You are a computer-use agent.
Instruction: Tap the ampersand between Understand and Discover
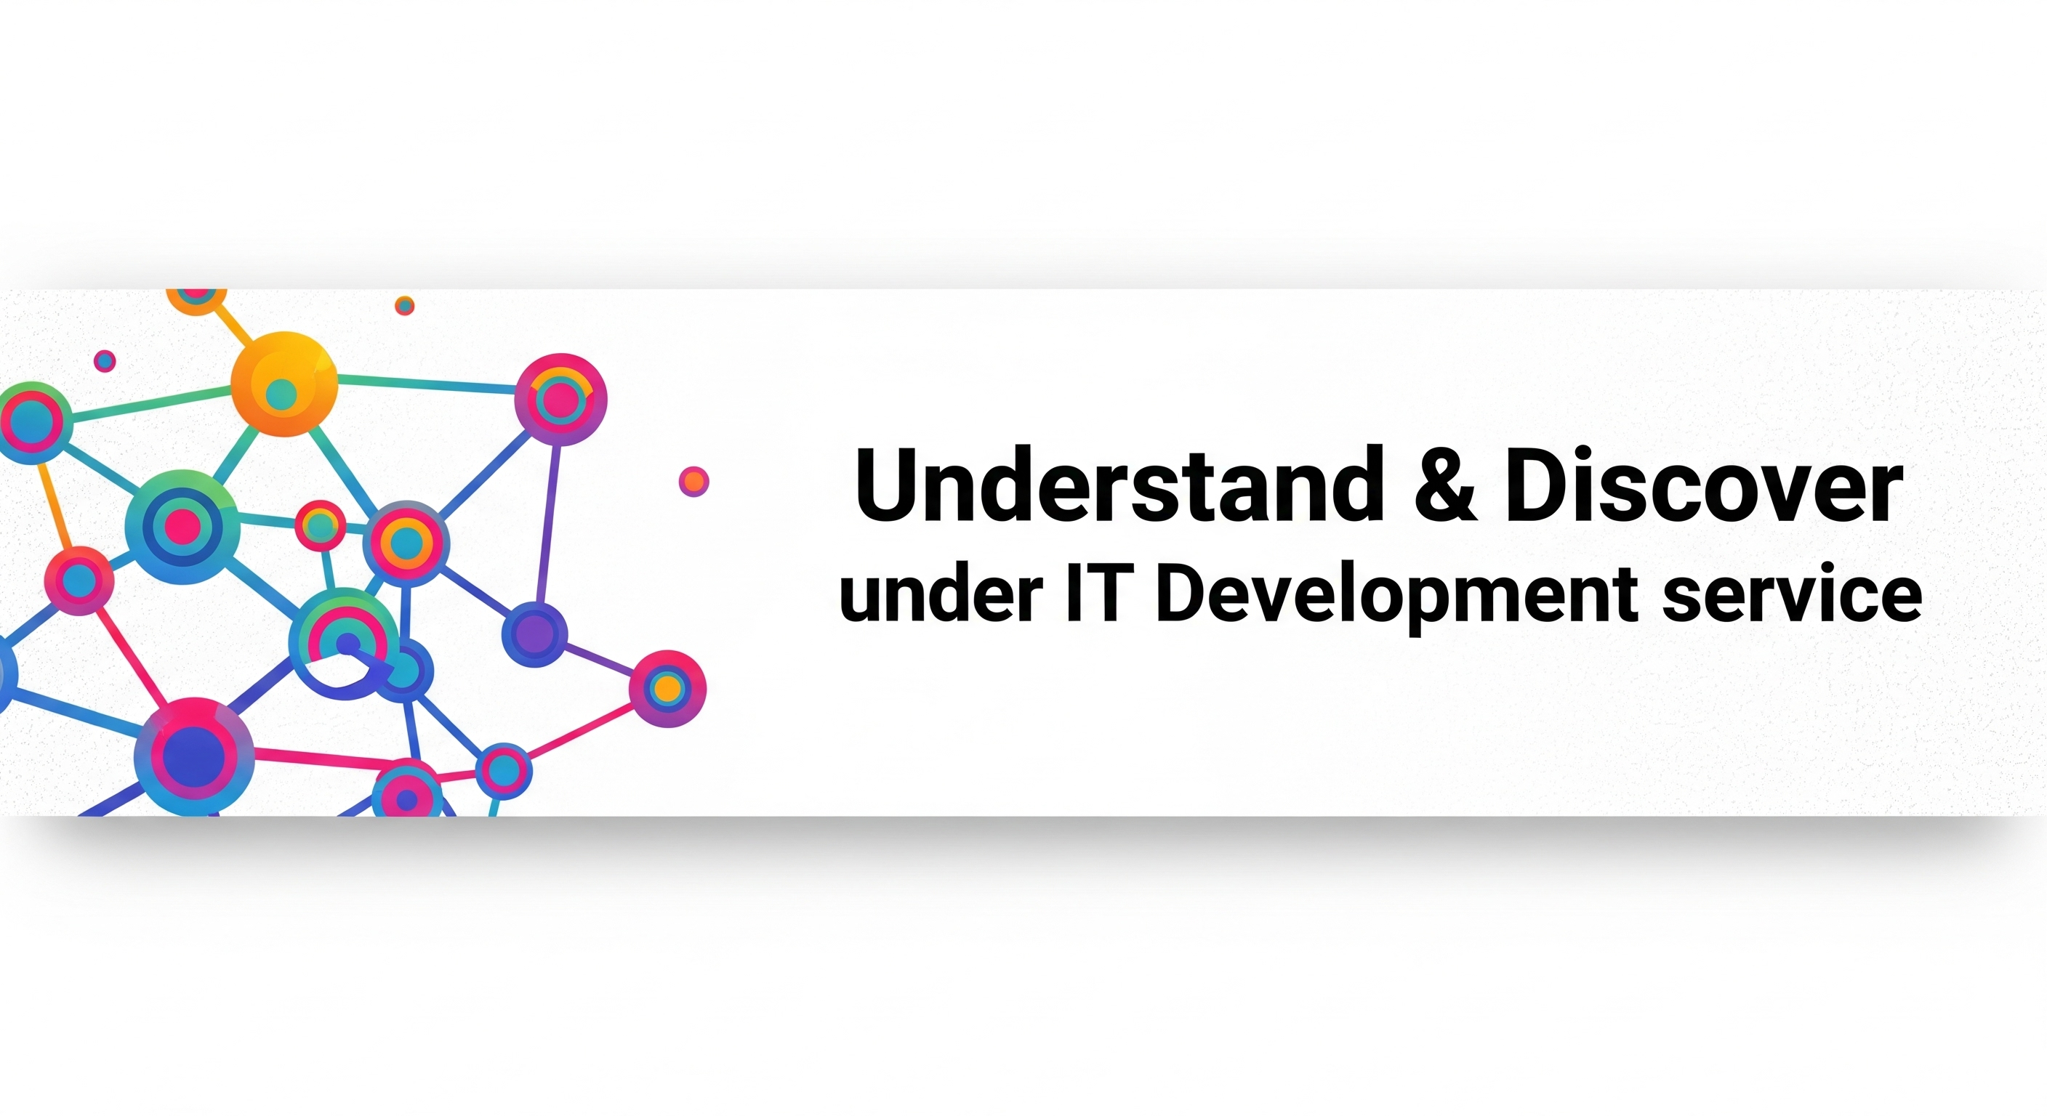pyautogui.click(x=1444, y=485)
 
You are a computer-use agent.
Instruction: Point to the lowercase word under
pyautogui.click(x=941, y=594)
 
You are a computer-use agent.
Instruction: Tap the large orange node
pyautogui.click(x=284, y=384)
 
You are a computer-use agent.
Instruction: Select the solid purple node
pyautogui.click(x=535, y=634)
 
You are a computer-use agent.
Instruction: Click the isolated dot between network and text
pyautogui.click(x=693, y=482)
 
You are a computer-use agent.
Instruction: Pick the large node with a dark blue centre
pyautogui.click(x=194, y=757)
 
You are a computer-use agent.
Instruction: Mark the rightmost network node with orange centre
pyautogui.click(x=667, y=689)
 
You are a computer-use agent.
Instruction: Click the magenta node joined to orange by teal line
pyautogui.click(x=561, y=399)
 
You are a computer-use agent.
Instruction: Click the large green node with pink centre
pyautogui.click(x=182, y=527)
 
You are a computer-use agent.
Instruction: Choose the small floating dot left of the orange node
pyautogui.click(x=105, y=361)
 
